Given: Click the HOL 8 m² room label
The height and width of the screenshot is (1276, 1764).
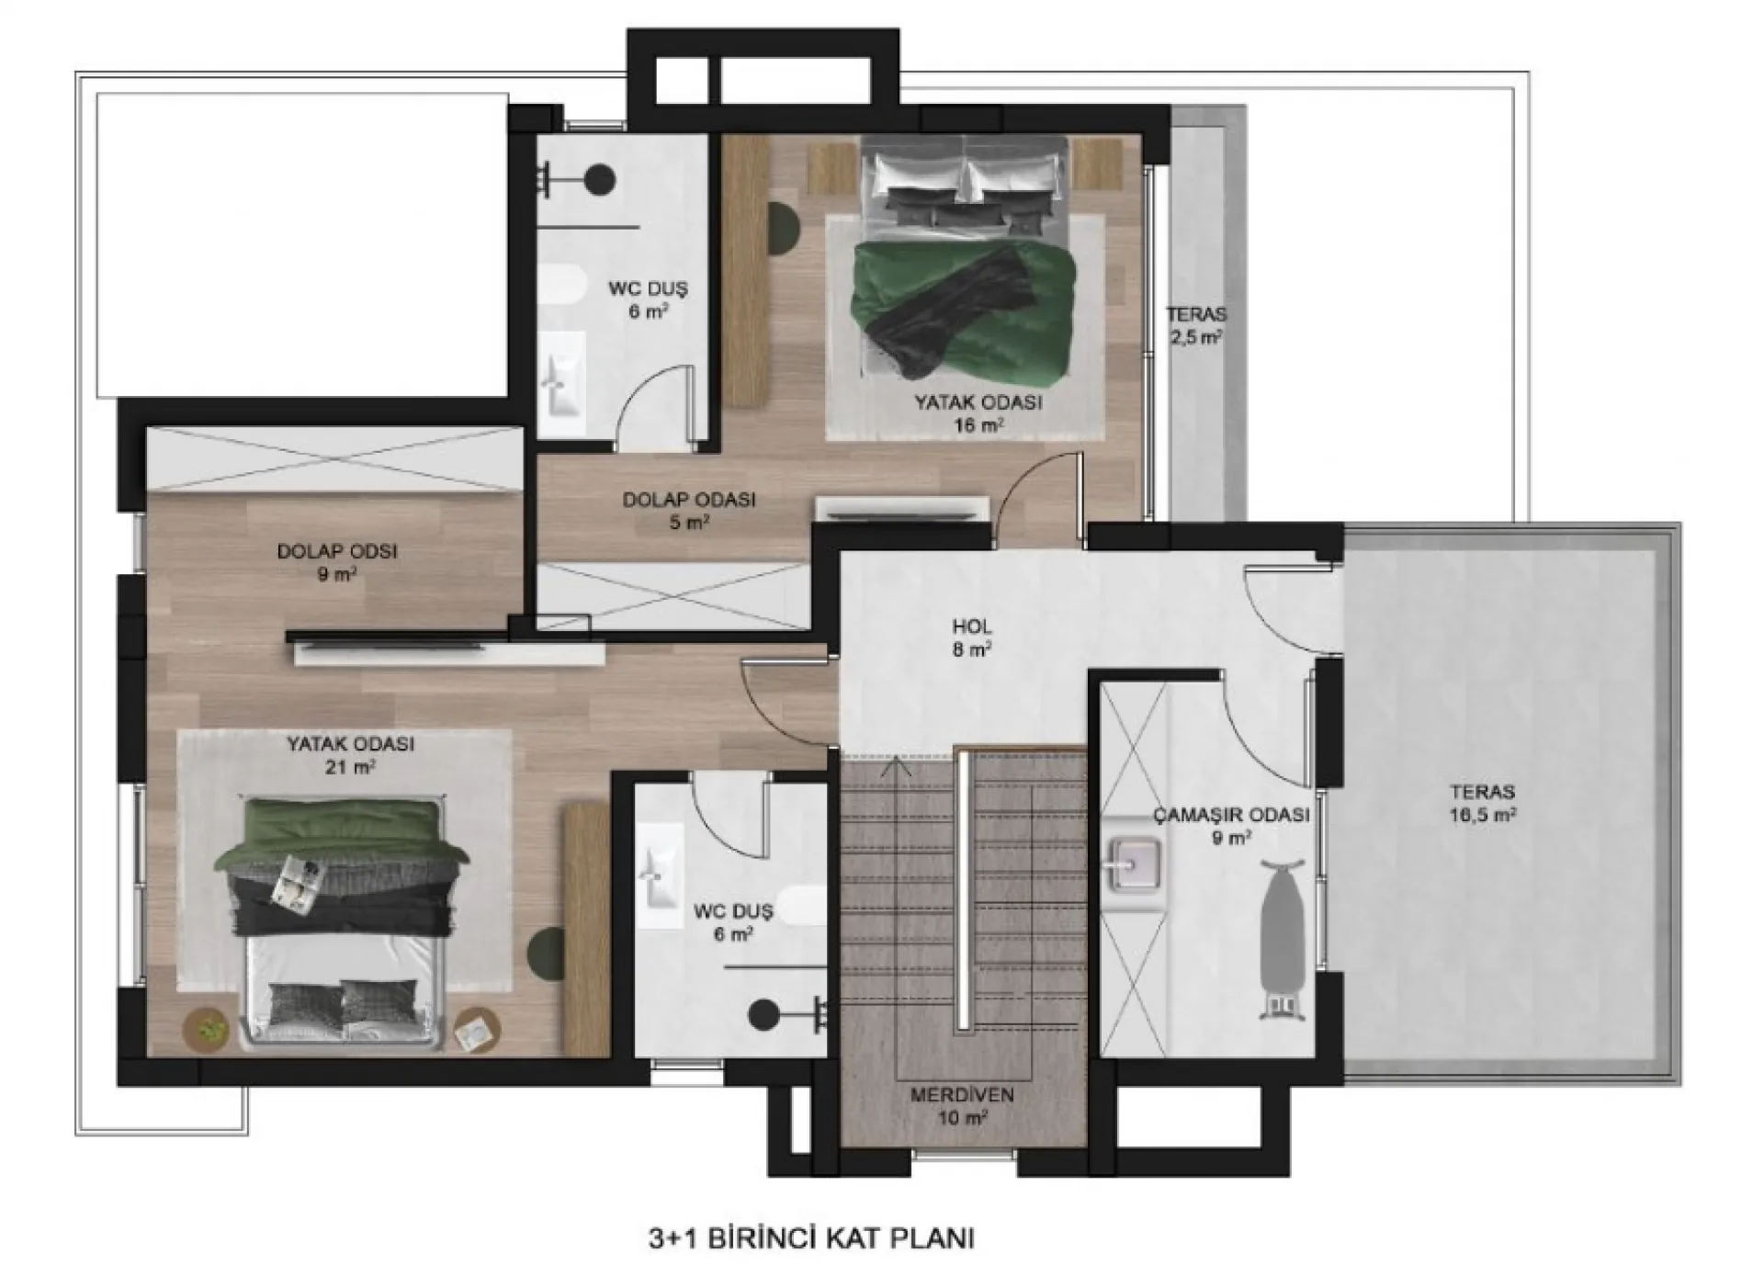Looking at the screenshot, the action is (x=971, y=638).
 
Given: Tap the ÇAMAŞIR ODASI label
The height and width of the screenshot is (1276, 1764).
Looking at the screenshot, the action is (x=1231, y=815).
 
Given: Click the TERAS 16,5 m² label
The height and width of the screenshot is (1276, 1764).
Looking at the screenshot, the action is (x=1483, y=803).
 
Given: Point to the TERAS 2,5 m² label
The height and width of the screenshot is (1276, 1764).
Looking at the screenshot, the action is (x=1195, y=326).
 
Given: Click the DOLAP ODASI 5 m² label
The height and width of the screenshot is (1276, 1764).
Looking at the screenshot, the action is (x=689, y=512).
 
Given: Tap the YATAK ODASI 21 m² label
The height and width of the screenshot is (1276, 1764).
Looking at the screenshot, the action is (x=350, y=755).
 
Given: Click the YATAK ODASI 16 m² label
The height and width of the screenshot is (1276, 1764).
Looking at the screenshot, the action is (x=978, y=413).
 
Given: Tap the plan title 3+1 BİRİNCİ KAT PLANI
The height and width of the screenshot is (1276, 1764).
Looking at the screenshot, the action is (x=810, y=1237).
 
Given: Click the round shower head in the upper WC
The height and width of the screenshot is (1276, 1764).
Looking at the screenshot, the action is (x=600, y=179).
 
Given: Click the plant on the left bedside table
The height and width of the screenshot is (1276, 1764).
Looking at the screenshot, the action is (x=210, y=1029).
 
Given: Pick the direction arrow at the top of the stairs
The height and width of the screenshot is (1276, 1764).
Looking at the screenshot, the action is (x=897, y=765).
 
